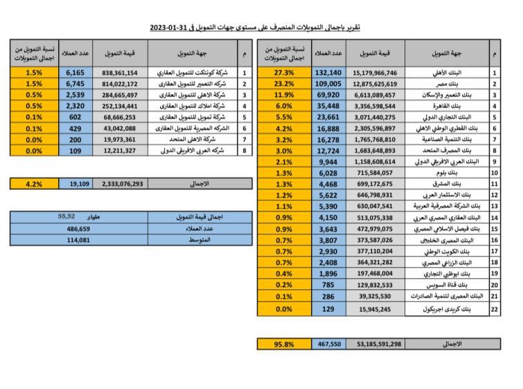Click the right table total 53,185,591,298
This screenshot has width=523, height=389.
tap(379, 343)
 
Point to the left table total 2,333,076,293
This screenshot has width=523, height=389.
tap(122, 184)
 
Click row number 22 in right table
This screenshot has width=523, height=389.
tap(494, 309)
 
